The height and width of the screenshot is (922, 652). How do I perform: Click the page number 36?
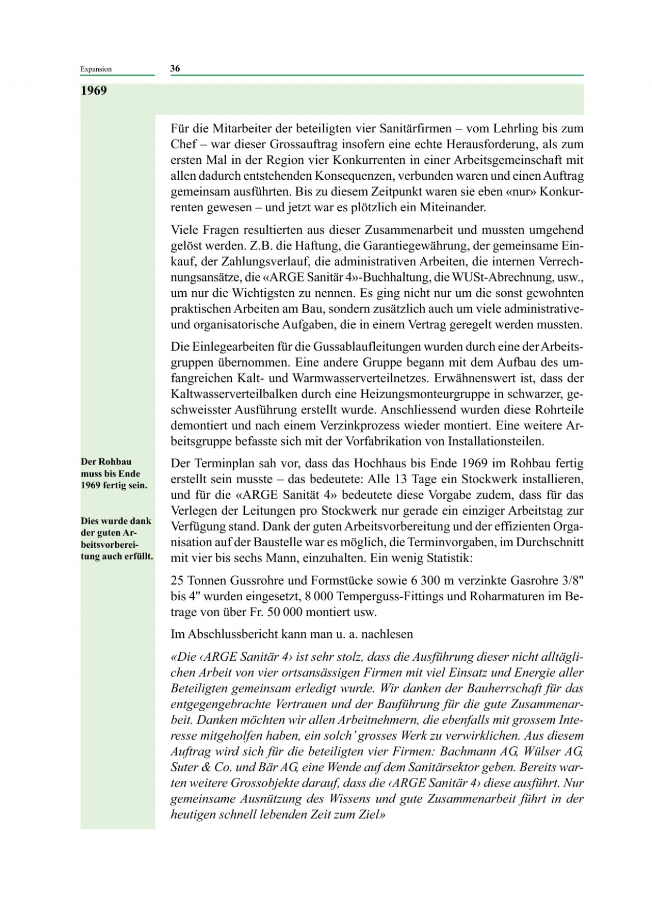point(175,69)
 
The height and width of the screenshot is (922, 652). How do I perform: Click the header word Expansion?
point(96,69)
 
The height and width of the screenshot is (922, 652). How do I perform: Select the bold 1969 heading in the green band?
point(94,91)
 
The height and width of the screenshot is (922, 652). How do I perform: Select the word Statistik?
point(449,558)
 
